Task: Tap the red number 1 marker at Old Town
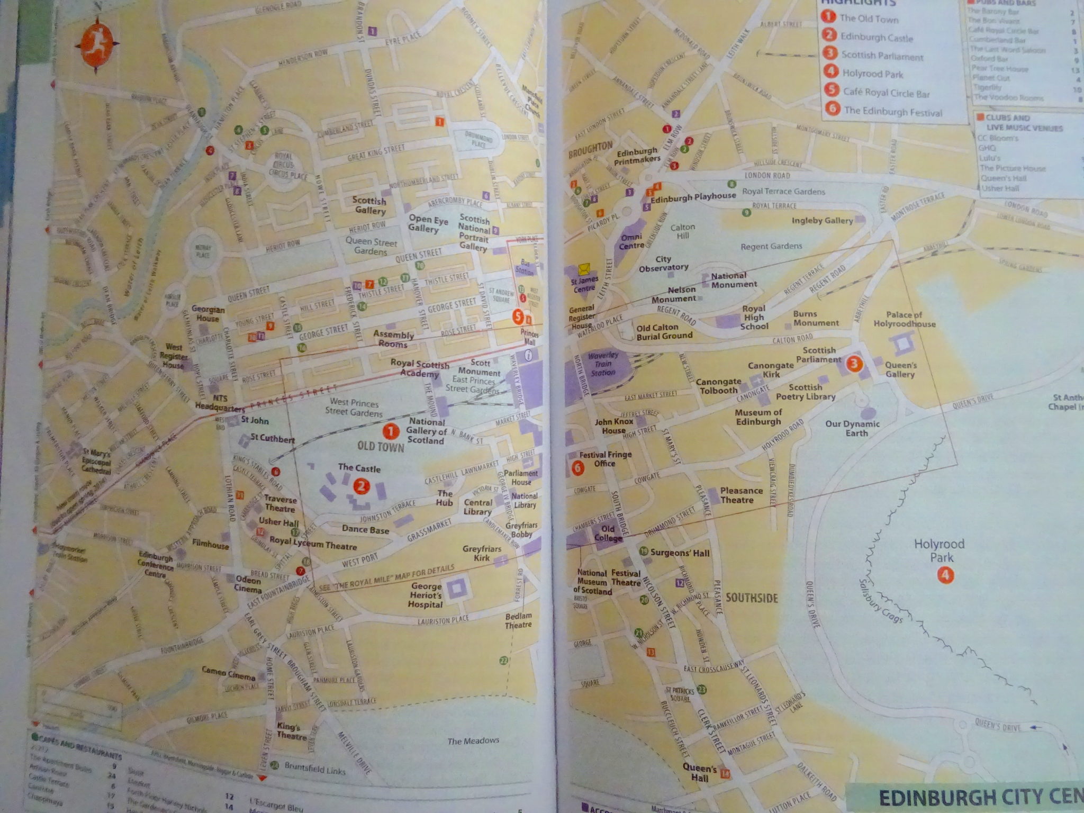pos(391,432)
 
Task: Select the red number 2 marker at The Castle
pos(362,486)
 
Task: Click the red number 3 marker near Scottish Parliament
pos(854,363)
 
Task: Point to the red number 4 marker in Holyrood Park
pos(945,575)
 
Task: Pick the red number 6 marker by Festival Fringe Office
pos(577,468)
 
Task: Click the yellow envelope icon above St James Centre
pos(584,268)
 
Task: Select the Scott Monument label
pos(480,367)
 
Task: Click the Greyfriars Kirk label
pos(481,553)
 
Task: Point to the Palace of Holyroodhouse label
pos(904,319)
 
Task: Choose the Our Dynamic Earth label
pos(852,428)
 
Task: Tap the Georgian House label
pos(208,314)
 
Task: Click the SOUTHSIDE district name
pos(752,598)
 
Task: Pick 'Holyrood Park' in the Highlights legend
pos(872,74)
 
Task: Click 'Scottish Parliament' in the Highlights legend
pos(882,56)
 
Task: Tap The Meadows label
pos(473,740)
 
